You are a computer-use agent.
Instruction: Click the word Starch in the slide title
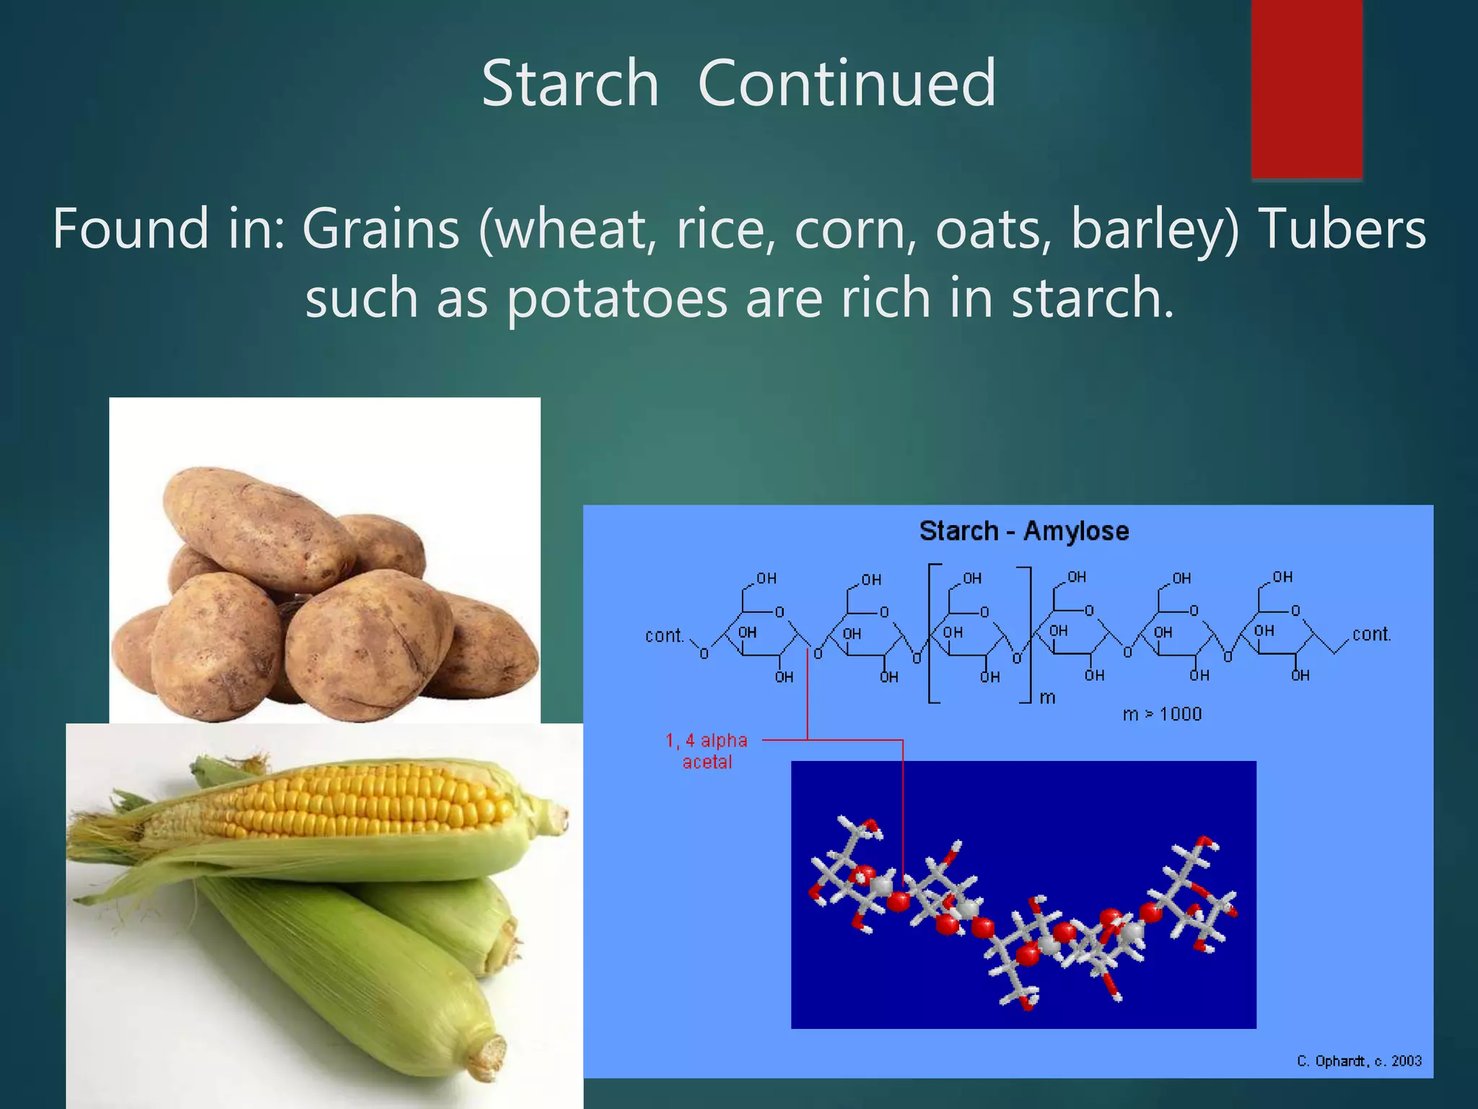coord(570,84)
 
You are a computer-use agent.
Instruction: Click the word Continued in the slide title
coord(847,84)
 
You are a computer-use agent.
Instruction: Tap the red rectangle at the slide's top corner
coord(1306,88)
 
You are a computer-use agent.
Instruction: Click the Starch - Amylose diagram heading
coord(1023,531)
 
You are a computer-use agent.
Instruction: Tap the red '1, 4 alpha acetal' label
coord(707,751)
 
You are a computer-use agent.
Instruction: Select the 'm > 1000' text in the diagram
coord(1162,714)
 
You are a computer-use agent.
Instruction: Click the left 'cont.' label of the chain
coord(663,636)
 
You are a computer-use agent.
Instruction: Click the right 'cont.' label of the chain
coord(1370,635)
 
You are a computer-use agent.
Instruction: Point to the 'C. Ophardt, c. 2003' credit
coord(1359,1061)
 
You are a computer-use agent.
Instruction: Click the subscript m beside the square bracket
coord(1047,697)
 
